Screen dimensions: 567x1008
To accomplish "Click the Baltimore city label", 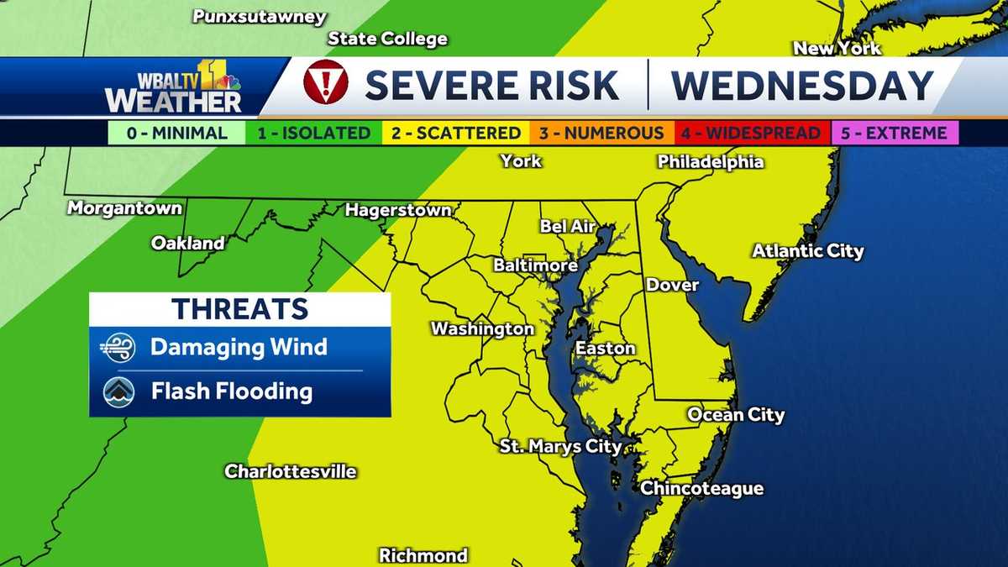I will [535, 265].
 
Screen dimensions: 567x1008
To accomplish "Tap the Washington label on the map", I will [482, 328].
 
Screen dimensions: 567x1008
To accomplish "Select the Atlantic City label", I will [807, 250].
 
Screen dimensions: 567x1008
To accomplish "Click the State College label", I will [387, 39].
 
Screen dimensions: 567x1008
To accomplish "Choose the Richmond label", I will [423, 555].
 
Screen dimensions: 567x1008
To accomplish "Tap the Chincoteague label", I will [701, 488].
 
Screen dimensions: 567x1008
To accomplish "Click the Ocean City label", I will [736, 414].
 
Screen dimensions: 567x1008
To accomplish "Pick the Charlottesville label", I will [291, 471].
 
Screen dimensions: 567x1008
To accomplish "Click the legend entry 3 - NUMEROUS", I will [601, 133].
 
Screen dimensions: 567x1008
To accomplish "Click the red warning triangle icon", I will [325, 83].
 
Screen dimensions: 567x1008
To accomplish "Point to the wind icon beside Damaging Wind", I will [118, 347].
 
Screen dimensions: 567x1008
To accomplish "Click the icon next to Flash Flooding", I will [118, 391].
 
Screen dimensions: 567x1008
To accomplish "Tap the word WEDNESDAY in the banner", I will [802, 85].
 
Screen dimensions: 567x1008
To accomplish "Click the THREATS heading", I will [239, 308].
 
